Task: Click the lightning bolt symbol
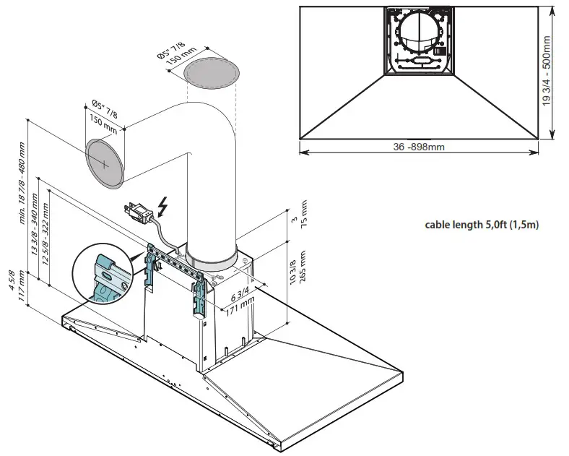(164, 207)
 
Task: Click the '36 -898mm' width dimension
(419, 146)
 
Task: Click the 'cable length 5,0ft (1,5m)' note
(482, 225)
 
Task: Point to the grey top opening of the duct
(212, 73)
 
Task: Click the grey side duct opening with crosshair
(105, 164)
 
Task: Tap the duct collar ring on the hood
(212, 255)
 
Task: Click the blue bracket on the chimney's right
(199, 298)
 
